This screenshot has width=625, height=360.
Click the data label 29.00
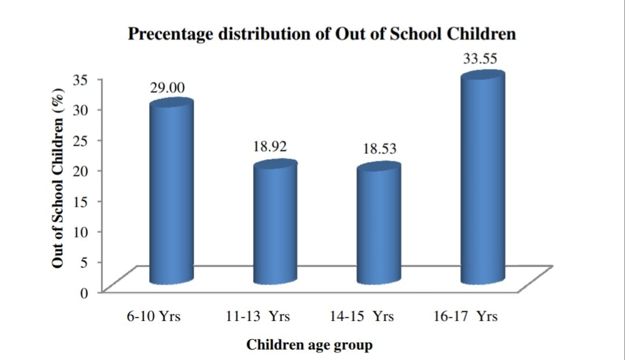(x=168, y=88)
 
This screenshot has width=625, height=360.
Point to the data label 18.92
(x=270, y=146)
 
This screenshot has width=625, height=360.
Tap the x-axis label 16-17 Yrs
(x=465, y=317)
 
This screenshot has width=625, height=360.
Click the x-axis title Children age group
(x=309, y=345)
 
